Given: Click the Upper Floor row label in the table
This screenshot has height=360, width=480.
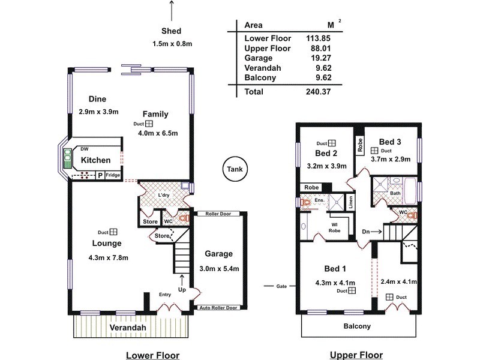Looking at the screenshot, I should pos(268,48).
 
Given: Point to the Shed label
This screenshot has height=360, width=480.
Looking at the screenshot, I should pos(172,31).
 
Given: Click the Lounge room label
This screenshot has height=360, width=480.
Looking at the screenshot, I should pos(107,243).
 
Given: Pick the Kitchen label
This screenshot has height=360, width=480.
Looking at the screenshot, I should pos(96,160).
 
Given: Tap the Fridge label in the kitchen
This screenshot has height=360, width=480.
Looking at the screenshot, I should pos(113,175).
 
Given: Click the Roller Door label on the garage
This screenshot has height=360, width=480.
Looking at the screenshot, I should pos(218,214).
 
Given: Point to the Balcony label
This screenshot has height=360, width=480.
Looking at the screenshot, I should pos(356,326).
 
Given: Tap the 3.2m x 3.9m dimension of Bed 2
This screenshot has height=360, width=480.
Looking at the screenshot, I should pos(326,166).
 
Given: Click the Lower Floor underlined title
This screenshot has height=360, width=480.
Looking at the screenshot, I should pos(152,355).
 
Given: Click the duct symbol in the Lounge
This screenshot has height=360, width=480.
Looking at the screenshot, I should pos(113,232).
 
